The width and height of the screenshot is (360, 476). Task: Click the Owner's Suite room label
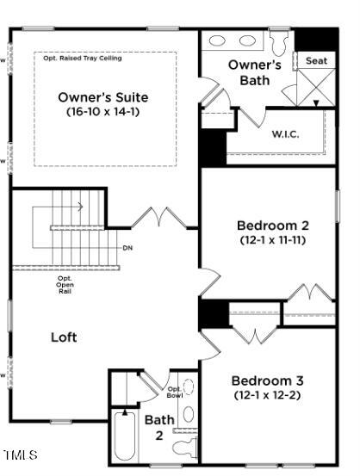click(103, 96)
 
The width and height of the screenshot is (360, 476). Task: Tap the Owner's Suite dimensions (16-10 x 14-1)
click(103, 111)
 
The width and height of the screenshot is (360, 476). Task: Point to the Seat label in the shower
click(316, 61)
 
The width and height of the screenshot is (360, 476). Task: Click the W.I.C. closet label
click(285, 133)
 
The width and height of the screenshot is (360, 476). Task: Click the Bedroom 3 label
click(267, 380)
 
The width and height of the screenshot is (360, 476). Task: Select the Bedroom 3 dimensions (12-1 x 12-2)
click(267, 395)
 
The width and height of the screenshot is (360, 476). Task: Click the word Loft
click(64, 337)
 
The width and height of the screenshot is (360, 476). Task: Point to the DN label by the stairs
click(127, 248)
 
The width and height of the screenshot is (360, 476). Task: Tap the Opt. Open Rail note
click(65, 285)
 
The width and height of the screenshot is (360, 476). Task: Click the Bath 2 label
click(158, 427)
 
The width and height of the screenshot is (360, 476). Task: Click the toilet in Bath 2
click(186, 446)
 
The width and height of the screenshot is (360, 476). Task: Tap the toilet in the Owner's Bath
click(279, 41)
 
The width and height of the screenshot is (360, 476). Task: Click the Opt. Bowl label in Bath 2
click(174, 392)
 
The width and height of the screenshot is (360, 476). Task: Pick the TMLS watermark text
click(21, 454)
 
